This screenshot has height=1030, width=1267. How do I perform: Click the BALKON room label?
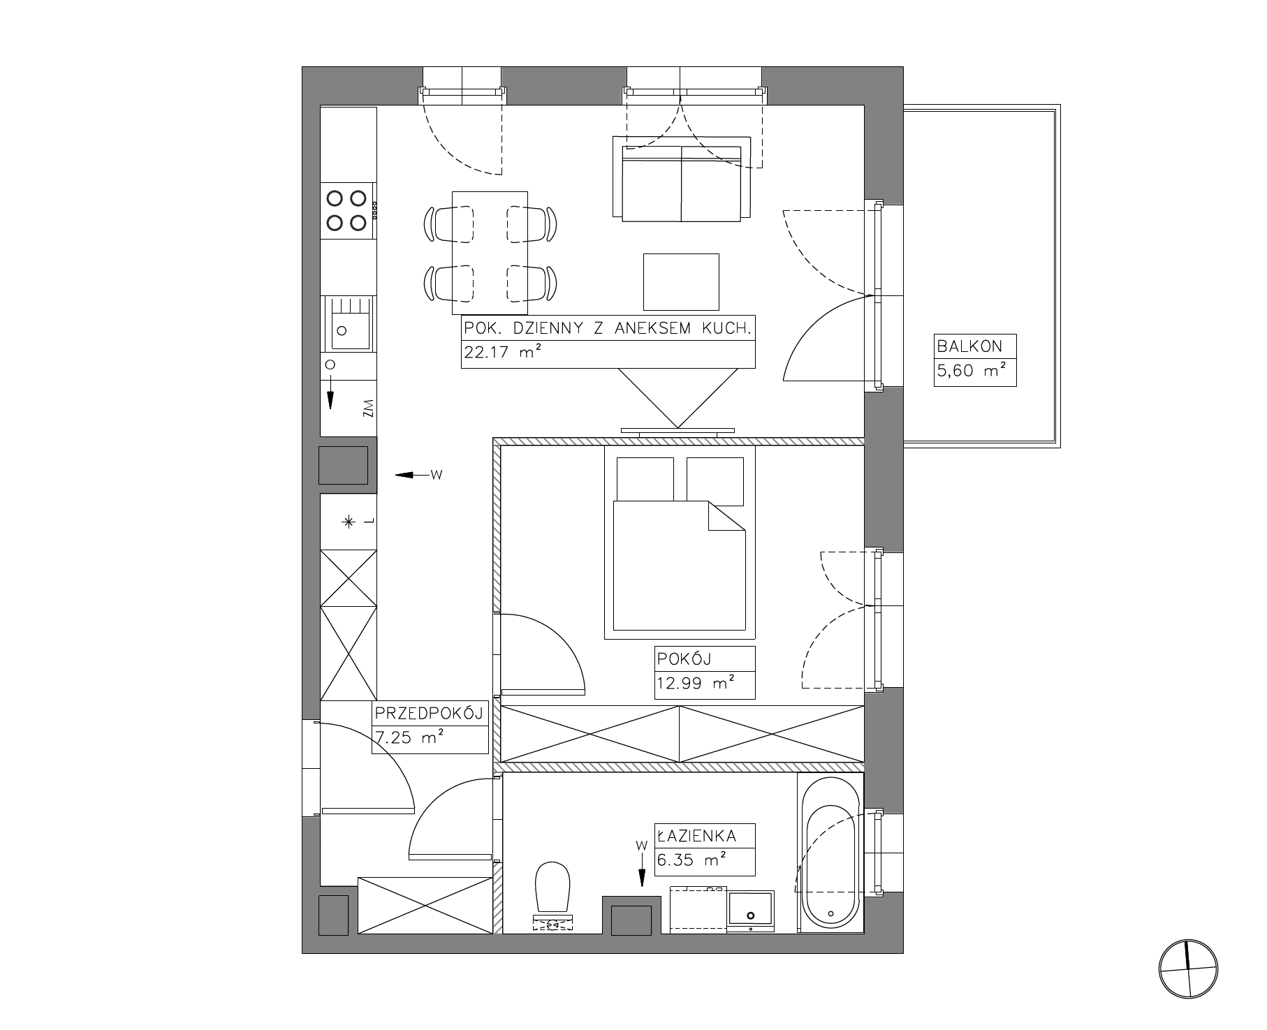pyautogui.click(x=969, y=346)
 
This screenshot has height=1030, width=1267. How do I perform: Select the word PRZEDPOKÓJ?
pyautogui.click(x=430, y=714)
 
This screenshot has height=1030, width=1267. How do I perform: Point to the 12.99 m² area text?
pyautogui.click(x=694, y=684)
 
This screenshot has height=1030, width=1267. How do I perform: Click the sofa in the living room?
pyautogui.click(x=681, y=179)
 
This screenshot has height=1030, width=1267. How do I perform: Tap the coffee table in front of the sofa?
pyautogui.click(x=681, y=282)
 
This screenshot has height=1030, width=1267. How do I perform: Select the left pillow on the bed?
pyautogui.click(x=645, y=479)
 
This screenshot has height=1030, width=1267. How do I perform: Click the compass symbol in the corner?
pyautogui.click(x=1188, y=970)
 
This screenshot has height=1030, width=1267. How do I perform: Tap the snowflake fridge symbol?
pyautogui.click(x=348, y=522)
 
